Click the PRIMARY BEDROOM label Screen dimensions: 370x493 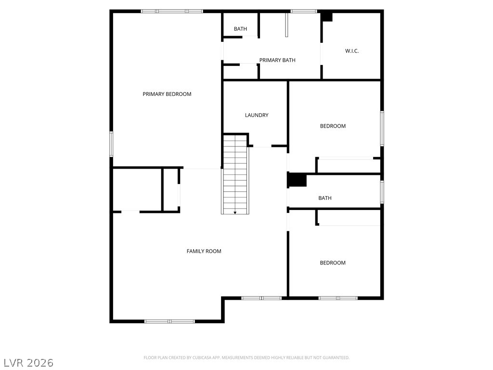pyautogui.click(x=167, y=94)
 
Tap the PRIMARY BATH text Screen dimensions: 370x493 pyautogui.click(x=277, y=60)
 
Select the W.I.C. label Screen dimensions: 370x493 pyautogui.click(x=352, y=51)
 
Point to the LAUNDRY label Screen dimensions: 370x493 pyautogui.click(x=257, y=115)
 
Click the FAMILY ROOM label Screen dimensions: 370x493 pyautogui.click(x=204, y=251)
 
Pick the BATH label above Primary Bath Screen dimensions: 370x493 pyautogui.click(x=240, y=29)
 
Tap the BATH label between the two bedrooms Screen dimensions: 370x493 pyautogui.click(x=325, y=198)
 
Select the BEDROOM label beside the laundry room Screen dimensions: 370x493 pyautogui.click(x=333, y=126)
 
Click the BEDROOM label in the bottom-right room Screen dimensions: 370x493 pyautogui.click(x=333, y=263)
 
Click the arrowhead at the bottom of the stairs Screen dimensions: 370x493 pyautogui.click(x=235, y=212)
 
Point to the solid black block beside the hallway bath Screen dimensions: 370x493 pyautogui.click(x=297, y=180)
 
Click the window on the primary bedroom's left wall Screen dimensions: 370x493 pyautogui.click(x=111, y=144)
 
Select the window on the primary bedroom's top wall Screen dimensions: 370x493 pyautogui.click(x=172, y=11)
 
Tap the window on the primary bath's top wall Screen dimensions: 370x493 pyautogui.click(x=304, y=11)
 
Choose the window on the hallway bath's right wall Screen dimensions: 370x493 pyautogui.click(x=382, y=192)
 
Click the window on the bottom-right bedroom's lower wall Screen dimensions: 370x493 pyautogui.click(x=338, y=298)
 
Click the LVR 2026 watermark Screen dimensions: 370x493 pyautogui.click(x=29, y=362)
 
